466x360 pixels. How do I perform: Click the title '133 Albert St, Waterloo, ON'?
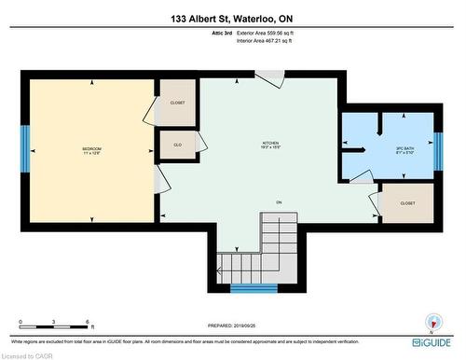click(x=233, y=18)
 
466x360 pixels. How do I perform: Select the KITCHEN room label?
click(x=270, y=145)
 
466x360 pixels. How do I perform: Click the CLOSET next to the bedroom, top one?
click(x=177, y=104)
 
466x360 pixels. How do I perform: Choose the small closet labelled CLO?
click(x=177, y=145)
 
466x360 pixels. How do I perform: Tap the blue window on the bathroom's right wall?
click(x=437, y=149)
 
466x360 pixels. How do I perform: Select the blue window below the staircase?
click(x=254, y=288)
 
